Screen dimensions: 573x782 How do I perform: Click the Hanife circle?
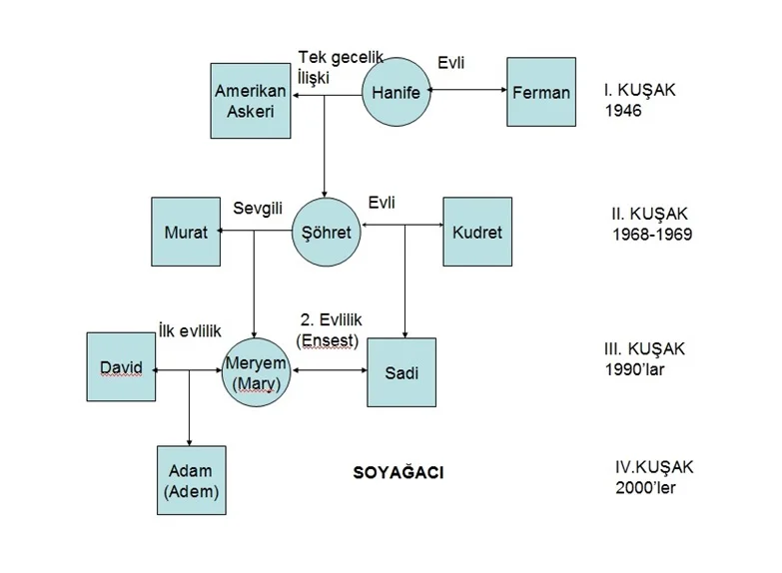point(395,93)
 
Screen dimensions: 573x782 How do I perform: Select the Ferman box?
point(541,92)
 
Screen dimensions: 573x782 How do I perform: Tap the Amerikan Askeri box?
point(251,101)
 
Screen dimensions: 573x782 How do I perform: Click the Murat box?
point(186,233)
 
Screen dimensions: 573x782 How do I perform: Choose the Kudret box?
point(477,232)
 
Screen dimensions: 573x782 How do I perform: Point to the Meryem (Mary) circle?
point(256,372)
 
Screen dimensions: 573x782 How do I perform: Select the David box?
point(121,367)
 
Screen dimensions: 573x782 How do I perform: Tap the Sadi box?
point(401,373)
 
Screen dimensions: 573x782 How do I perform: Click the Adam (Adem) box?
point(191,480)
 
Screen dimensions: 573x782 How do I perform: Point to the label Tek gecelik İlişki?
point(340,67)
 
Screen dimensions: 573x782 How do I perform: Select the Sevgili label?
point(258,209)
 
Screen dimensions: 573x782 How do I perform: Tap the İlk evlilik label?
point(190,331)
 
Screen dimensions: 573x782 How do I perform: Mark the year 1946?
point(623,111)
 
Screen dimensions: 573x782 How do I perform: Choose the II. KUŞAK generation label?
point(649,214)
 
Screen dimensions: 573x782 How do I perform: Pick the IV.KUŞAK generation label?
point(654,467)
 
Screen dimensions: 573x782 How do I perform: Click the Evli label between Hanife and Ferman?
point(451,63)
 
